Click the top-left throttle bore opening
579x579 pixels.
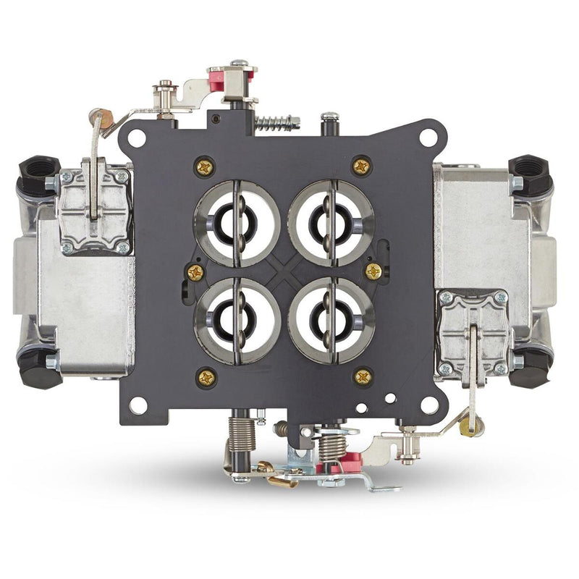coord(237,223)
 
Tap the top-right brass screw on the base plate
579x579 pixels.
coord(361,166)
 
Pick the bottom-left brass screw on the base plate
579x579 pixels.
coord(206,376)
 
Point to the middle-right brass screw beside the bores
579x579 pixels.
coord(373,271)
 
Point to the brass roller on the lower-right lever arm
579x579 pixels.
coord(468,427)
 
